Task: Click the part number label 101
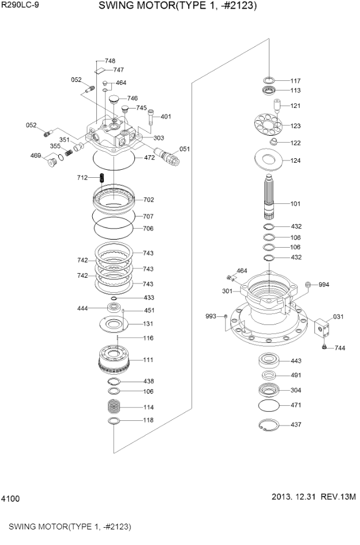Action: [295, 203]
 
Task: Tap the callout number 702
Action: [148, 200]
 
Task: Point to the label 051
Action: [185, 149]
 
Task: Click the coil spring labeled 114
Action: [116, 406]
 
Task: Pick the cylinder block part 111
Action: [117, 359]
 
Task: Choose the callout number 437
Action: [295, 424]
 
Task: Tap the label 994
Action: [324, 285]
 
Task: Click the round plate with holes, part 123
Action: [267, 125]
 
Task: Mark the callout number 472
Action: [149, 158]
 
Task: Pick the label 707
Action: [148, 216]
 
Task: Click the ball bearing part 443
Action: [269, 361]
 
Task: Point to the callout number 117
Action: [295, 81]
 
